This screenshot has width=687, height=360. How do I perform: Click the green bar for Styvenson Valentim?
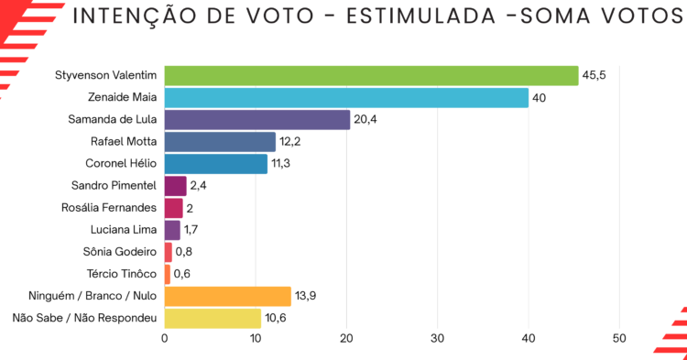372,76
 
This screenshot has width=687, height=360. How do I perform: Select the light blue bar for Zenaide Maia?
346,98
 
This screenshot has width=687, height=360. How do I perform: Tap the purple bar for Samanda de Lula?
257,120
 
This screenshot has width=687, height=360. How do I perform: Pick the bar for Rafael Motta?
221,142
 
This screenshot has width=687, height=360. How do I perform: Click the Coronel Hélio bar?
216,164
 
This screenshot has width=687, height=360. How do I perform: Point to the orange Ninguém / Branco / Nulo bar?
228,297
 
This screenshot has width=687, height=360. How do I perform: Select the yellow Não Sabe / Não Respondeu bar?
213,319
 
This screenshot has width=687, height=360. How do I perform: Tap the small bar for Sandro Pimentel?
176,186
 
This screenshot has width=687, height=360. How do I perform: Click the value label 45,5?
594,75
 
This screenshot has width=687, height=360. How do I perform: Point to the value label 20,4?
365,120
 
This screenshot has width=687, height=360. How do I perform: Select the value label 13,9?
305,296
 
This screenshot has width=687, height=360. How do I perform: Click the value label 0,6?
182,274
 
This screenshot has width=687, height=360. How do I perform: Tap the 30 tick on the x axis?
437,339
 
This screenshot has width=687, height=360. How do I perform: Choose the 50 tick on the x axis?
619,339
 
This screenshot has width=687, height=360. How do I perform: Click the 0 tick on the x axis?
165,339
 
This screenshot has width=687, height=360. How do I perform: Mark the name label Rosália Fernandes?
109,208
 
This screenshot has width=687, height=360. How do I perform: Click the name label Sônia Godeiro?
120,252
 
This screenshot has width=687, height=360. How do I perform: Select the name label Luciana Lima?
124,230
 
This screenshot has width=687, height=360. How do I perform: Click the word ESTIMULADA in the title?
421,16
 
